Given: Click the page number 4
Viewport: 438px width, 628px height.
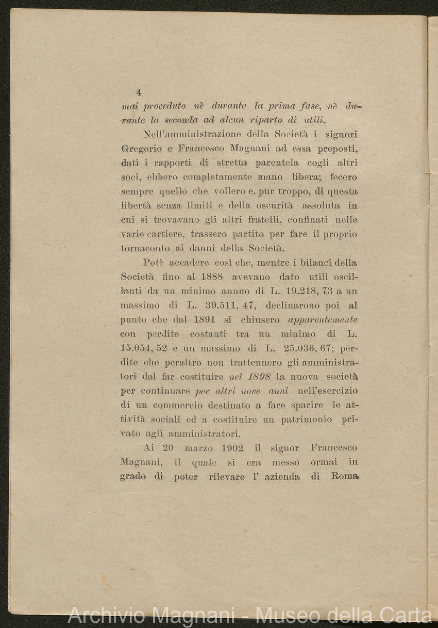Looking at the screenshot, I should click(139, 93).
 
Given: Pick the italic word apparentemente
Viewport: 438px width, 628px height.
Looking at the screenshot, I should click(323, 320).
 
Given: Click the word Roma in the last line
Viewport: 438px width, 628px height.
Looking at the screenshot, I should click(344, 476).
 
